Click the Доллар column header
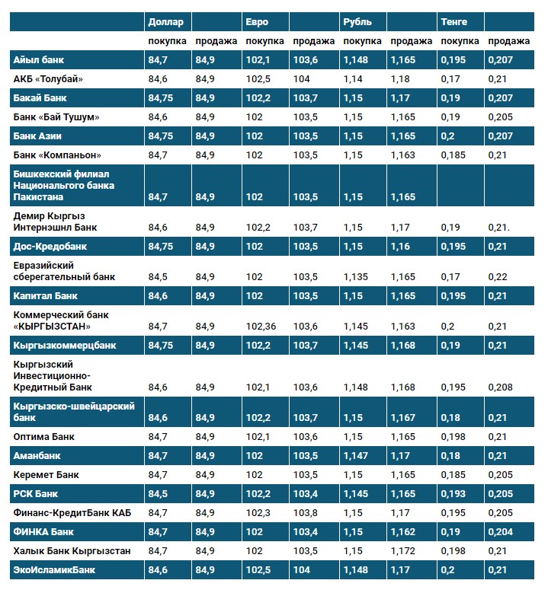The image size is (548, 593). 166,22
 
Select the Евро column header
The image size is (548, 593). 257,22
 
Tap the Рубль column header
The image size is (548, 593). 357,22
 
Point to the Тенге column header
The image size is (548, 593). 454,22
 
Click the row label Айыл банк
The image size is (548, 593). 37,59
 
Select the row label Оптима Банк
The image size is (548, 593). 43,437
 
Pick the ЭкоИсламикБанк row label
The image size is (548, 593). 53,569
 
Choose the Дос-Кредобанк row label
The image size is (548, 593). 50,247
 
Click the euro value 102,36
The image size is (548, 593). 262,327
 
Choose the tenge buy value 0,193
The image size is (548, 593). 453,494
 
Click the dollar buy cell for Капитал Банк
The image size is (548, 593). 158,295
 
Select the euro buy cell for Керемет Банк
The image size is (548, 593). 254,475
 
